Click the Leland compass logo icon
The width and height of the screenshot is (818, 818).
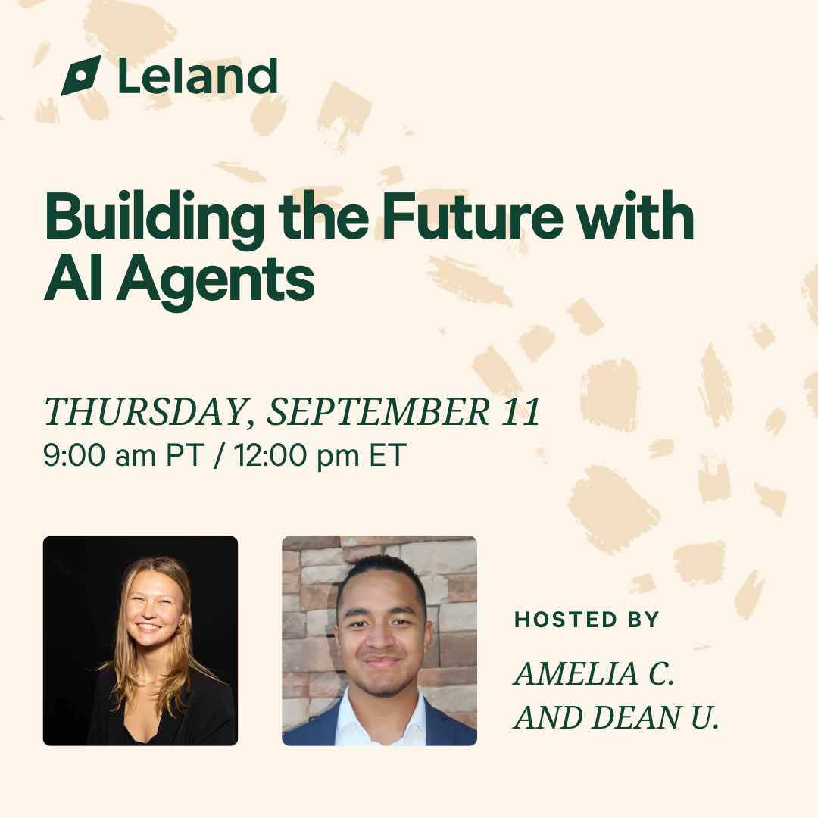[81, 76]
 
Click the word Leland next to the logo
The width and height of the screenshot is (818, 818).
[198, 76]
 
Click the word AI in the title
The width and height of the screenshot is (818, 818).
[73, 277]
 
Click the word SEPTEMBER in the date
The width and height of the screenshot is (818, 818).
[379, 411]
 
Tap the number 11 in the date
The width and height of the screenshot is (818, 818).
[520, 411]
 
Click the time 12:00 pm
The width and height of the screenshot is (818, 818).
[296, 455]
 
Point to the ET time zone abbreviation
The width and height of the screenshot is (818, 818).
[388, 455]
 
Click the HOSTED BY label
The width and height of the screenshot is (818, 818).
[587, 620]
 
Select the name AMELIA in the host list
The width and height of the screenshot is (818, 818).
[576, 673]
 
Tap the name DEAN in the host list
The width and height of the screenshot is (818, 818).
[637, 717]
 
